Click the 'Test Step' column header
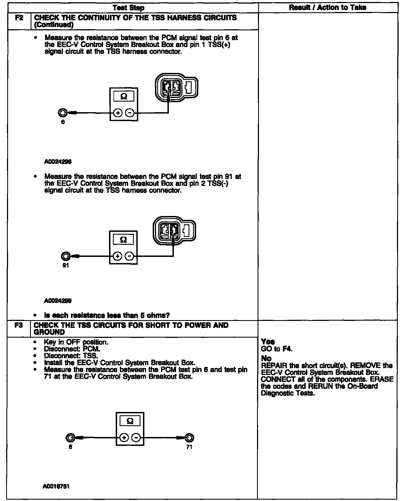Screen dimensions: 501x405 [x=129, y=8]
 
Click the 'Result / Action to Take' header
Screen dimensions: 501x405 [x=327, y=8]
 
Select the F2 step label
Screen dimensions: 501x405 [x=19, y=18]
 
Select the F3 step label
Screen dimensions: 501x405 [x=18, y=325]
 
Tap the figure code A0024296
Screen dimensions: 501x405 [x=58, y=162]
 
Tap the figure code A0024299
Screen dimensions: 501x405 [x=58, y=301]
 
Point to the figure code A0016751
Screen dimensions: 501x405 [x=56, y=486]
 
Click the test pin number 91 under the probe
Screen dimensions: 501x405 [x=65, y=265]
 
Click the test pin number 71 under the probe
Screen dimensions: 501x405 [x=189, y=447]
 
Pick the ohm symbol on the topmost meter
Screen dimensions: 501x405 [x=124, y=96]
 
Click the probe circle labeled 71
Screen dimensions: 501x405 [x=189, y=438]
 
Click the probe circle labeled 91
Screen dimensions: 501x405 [x=65, y=256]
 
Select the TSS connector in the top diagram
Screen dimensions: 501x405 [x=176, y=87]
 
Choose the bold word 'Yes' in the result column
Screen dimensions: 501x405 [x=268, y=342]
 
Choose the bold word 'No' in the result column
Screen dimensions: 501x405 [x=266, y=358]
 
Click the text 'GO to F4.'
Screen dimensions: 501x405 [x=277, y=349]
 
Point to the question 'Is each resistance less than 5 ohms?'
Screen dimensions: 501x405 [x=107, y=315]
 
